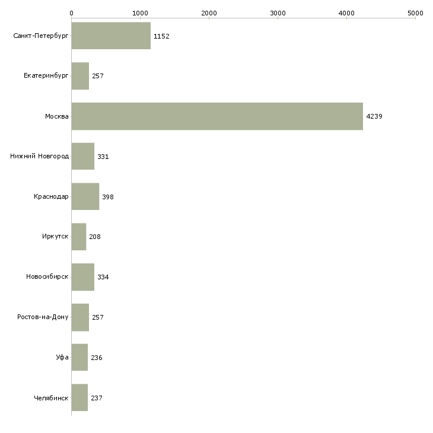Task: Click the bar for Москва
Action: point(217,116)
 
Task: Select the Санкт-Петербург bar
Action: point(111,36)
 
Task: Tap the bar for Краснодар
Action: point(85,196)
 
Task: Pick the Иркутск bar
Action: point(79,237)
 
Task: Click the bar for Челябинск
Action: point(79,397)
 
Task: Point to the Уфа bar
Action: point(79,357)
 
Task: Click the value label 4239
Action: point(374,116)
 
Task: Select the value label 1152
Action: point(161,36)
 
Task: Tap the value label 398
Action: point(108,197)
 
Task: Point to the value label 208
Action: point(95,237)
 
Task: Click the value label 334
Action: point(103,277)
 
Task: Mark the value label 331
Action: point(103,157)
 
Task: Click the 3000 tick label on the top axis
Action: point(278,13)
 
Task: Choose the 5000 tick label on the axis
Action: point(415,13)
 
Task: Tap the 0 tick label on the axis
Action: point(72,13)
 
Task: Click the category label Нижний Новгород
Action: point(40,157)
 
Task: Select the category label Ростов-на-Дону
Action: point(43,317)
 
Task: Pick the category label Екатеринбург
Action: point(46,76)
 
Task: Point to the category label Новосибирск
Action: point(47,276)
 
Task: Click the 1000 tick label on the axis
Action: point(141,13)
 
